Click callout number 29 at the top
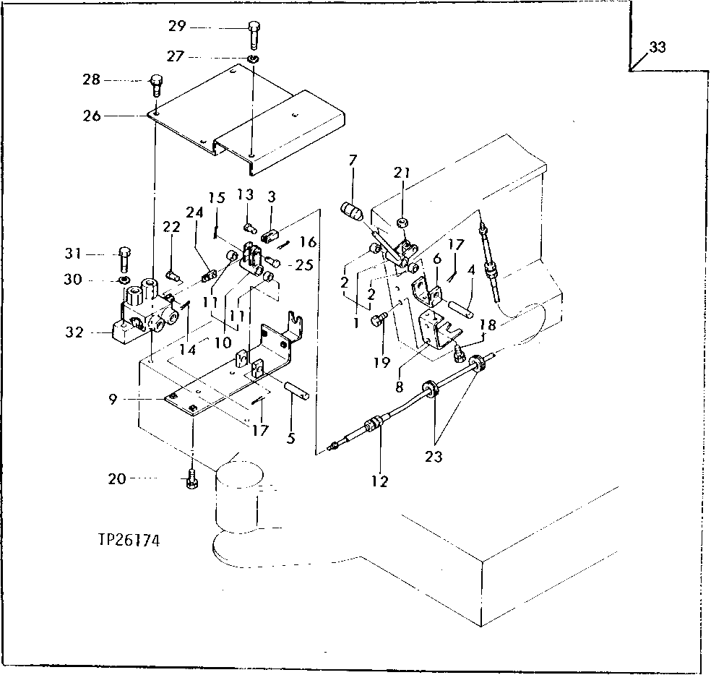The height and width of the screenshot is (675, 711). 177,27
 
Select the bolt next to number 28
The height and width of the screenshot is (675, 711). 155,85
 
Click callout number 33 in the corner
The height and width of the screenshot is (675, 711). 657,48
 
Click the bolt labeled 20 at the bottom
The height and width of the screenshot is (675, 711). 191,478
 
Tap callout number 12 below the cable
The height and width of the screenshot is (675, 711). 380,481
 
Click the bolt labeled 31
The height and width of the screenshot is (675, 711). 124,257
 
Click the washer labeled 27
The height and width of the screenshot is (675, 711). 253,58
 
